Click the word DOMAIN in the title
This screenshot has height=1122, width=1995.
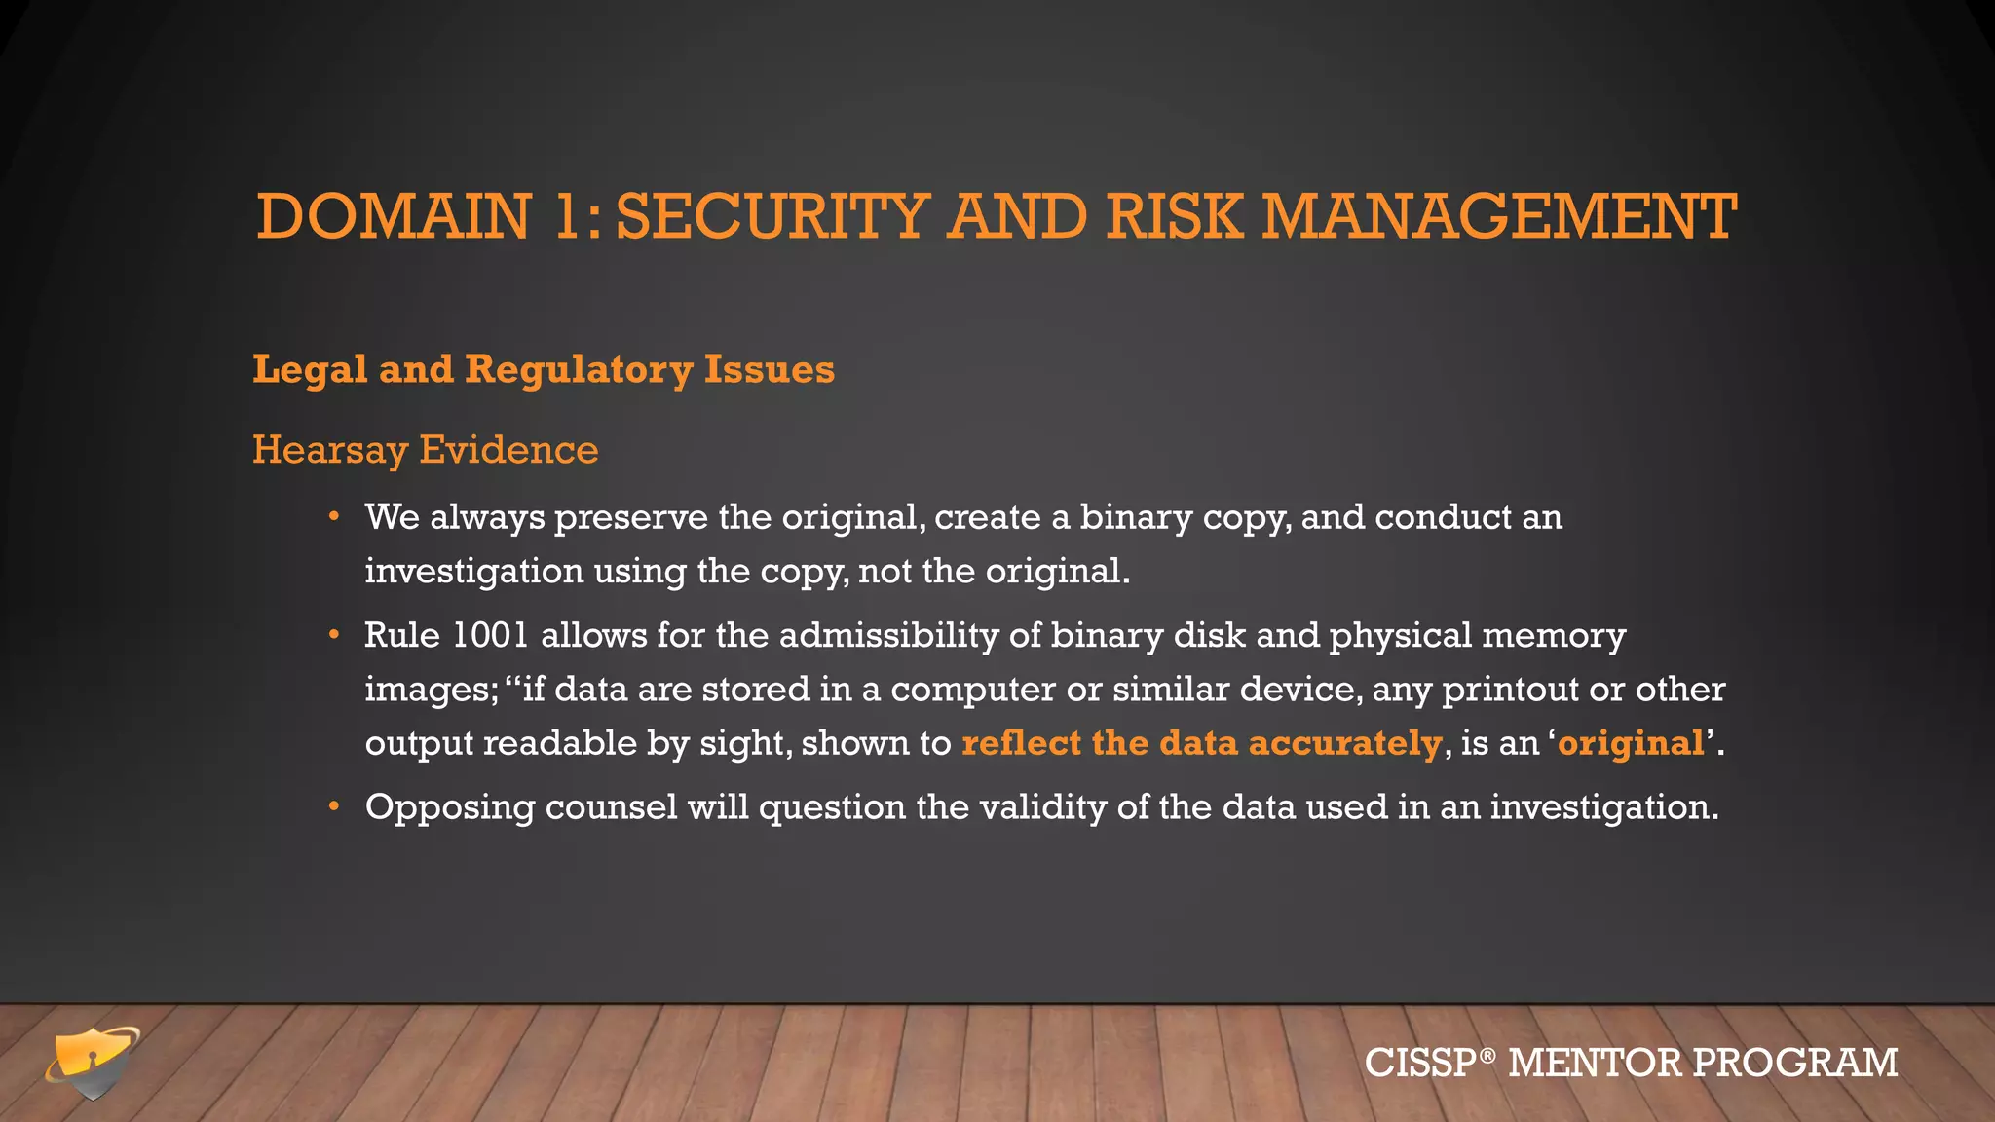(394, 216)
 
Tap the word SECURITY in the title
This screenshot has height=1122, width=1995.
(772, 216)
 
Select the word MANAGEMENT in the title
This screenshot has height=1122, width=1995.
(1499, 216)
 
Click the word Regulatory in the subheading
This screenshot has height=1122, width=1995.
(579, 370)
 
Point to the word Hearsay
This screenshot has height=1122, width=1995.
(329, 450)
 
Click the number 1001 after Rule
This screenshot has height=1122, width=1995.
(490, 635)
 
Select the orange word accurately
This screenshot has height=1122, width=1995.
(1344, 743)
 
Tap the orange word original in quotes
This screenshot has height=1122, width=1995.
(1631, 743)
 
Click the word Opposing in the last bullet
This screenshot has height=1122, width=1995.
(449, 808)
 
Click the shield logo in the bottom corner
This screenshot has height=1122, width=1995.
(93, 1062)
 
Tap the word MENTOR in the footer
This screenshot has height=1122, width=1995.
(1594, 1063)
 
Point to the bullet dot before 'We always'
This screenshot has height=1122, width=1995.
(334, 516)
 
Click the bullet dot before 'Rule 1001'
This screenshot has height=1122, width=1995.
(334, 635)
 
